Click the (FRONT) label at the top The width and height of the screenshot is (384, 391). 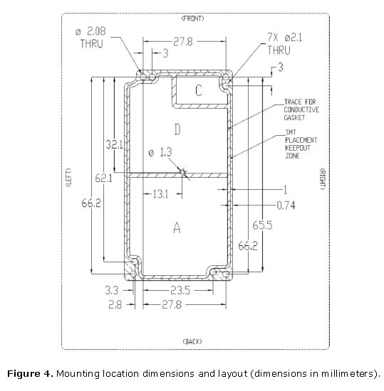click(x=192, y=18)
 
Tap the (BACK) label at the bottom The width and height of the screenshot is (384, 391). click(x=192, y=341)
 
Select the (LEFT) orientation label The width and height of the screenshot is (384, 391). click(x=68, y=177)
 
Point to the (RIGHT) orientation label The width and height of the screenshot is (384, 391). click(x=323, y=179)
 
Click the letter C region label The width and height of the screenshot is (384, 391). click(x=199, y=90)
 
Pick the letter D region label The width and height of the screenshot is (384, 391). click(x=177, y=129)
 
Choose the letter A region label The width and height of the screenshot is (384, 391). click(x=177, y=227)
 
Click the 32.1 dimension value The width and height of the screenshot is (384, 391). click(x=114, y=144)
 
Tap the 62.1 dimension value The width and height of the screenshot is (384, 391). click(x=103, y=178)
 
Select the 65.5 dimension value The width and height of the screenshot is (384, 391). click(x=262, y=225)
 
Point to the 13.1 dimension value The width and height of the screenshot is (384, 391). click(x=160, y=194)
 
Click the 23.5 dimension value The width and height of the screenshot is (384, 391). click(x=180, y=290)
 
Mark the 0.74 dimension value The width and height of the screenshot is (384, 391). click(x=286, y=205)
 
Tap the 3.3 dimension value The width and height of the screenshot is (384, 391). click(x=111, y=290)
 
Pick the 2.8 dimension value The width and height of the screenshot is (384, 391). click(x=115, y=304)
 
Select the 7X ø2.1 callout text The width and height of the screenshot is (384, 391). click(x=285, y=38)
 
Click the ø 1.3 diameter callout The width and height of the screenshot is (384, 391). click(x=160, y=152)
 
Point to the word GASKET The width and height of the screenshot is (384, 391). click(x=294, y=117)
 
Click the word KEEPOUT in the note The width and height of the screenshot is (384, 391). click(x=298, y=148)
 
